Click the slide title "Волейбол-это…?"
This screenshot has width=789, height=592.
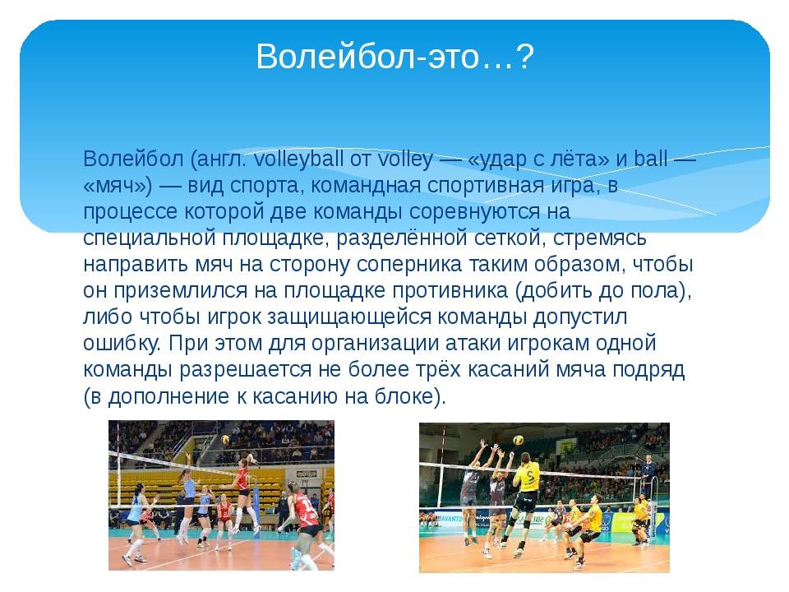click(x=394, y=57)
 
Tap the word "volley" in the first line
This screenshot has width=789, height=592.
click(x=405, y=159)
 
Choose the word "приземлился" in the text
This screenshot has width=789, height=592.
click(x=180, y=291)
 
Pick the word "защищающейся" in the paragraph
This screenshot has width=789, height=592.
click(x=349, y=317)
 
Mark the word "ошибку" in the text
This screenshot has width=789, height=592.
click(x=121, y=344)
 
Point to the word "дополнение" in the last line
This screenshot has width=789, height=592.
click(x=168, y=396)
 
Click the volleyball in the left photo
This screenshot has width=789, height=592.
click(x=226, y=439)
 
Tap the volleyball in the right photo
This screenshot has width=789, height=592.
click(x=517, y=440)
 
